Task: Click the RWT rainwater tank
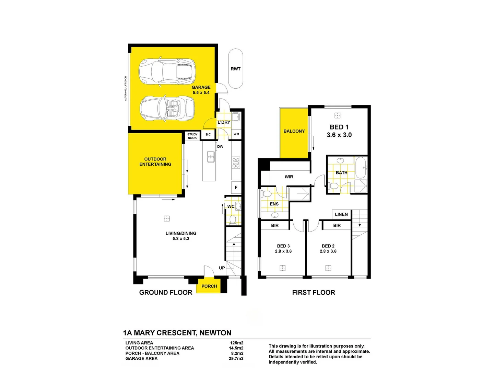coord(236,69)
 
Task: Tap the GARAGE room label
coord(201,87)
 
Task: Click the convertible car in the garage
coord(167,108)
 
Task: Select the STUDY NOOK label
coord(192,136)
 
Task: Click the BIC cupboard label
coord(208,134)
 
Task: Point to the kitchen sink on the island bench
coord(211,157)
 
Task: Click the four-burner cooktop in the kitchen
coord(236,162)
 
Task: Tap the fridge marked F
coord(236,188)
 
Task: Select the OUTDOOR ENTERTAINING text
coord(155,161)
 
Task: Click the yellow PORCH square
coord(209,286)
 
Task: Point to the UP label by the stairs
coord(222,268)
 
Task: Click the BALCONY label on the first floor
coord(294,131)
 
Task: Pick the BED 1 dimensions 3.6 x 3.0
coord(339,135)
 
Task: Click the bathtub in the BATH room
coord(361,168)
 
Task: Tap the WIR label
coord(289,177)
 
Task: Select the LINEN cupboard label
coord(341,214)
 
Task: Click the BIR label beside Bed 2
coord(337,225)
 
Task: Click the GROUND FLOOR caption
coord(166,292)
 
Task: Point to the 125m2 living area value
coord(237,343)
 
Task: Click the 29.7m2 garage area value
coord(236,358)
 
